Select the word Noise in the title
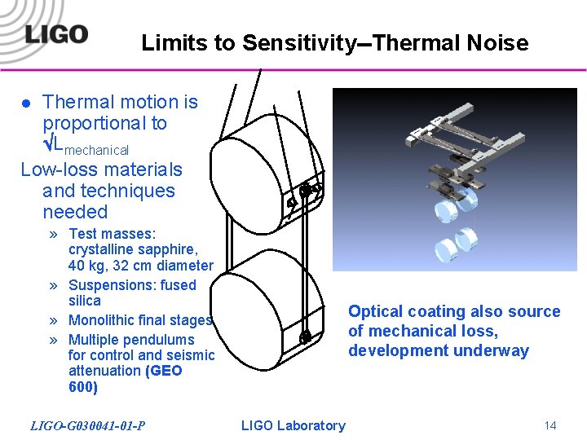click(x=498, y=42)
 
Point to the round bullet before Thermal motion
click(x=26, y=103)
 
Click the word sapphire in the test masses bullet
click(x=168, y=249)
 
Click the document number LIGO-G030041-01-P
click(x=88, y=425)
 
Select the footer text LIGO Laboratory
click(x=293, y=425)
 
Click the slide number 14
click(x=549, y=425)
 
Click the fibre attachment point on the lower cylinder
click(x=305, y=337)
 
